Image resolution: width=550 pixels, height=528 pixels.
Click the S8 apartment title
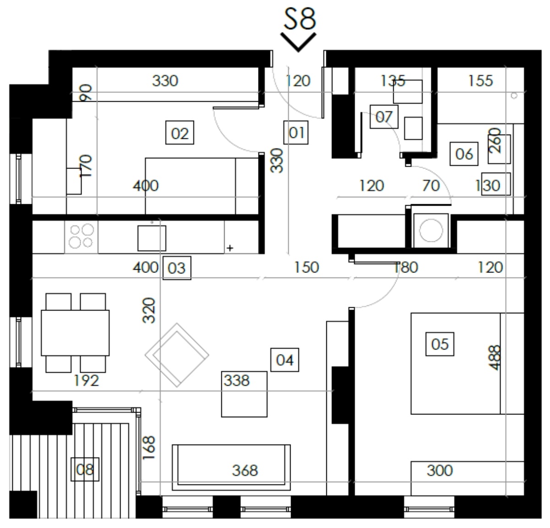coord(300,19)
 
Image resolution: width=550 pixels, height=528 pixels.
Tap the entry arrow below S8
coord(298,42)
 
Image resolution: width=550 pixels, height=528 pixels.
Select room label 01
coord(296,132)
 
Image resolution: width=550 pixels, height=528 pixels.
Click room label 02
coord(180,132)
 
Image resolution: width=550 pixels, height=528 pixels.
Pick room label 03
coord(177,268)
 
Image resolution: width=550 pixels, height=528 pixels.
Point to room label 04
coord(285,360)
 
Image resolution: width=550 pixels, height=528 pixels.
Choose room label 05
coord(440,344)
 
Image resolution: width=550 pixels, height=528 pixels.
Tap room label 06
coord(464,154)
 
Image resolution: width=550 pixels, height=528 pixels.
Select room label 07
coord(384,117)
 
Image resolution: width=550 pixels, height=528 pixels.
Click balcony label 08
coord(85,469)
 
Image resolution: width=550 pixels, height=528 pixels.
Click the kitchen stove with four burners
coord(82,237)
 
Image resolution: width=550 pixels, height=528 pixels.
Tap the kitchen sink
coord(152,238)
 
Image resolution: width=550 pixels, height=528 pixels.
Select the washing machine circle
coord(431,230)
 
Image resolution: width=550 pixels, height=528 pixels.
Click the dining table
coord(75,333)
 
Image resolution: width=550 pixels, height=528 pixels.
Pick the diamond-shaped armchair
coord(177,355)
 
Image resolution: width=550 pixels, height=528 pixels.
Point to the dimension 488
coord(495,358)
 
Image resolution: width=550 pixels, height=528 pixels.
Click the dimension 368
coord(245,470)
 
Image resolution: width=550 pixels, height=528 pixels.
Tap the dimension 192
coord(86,381)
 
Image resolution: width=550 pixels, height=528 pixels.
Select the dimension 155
coord(480,81)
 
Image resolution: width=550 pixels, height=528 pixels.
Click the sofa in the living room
coord(231,467)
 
